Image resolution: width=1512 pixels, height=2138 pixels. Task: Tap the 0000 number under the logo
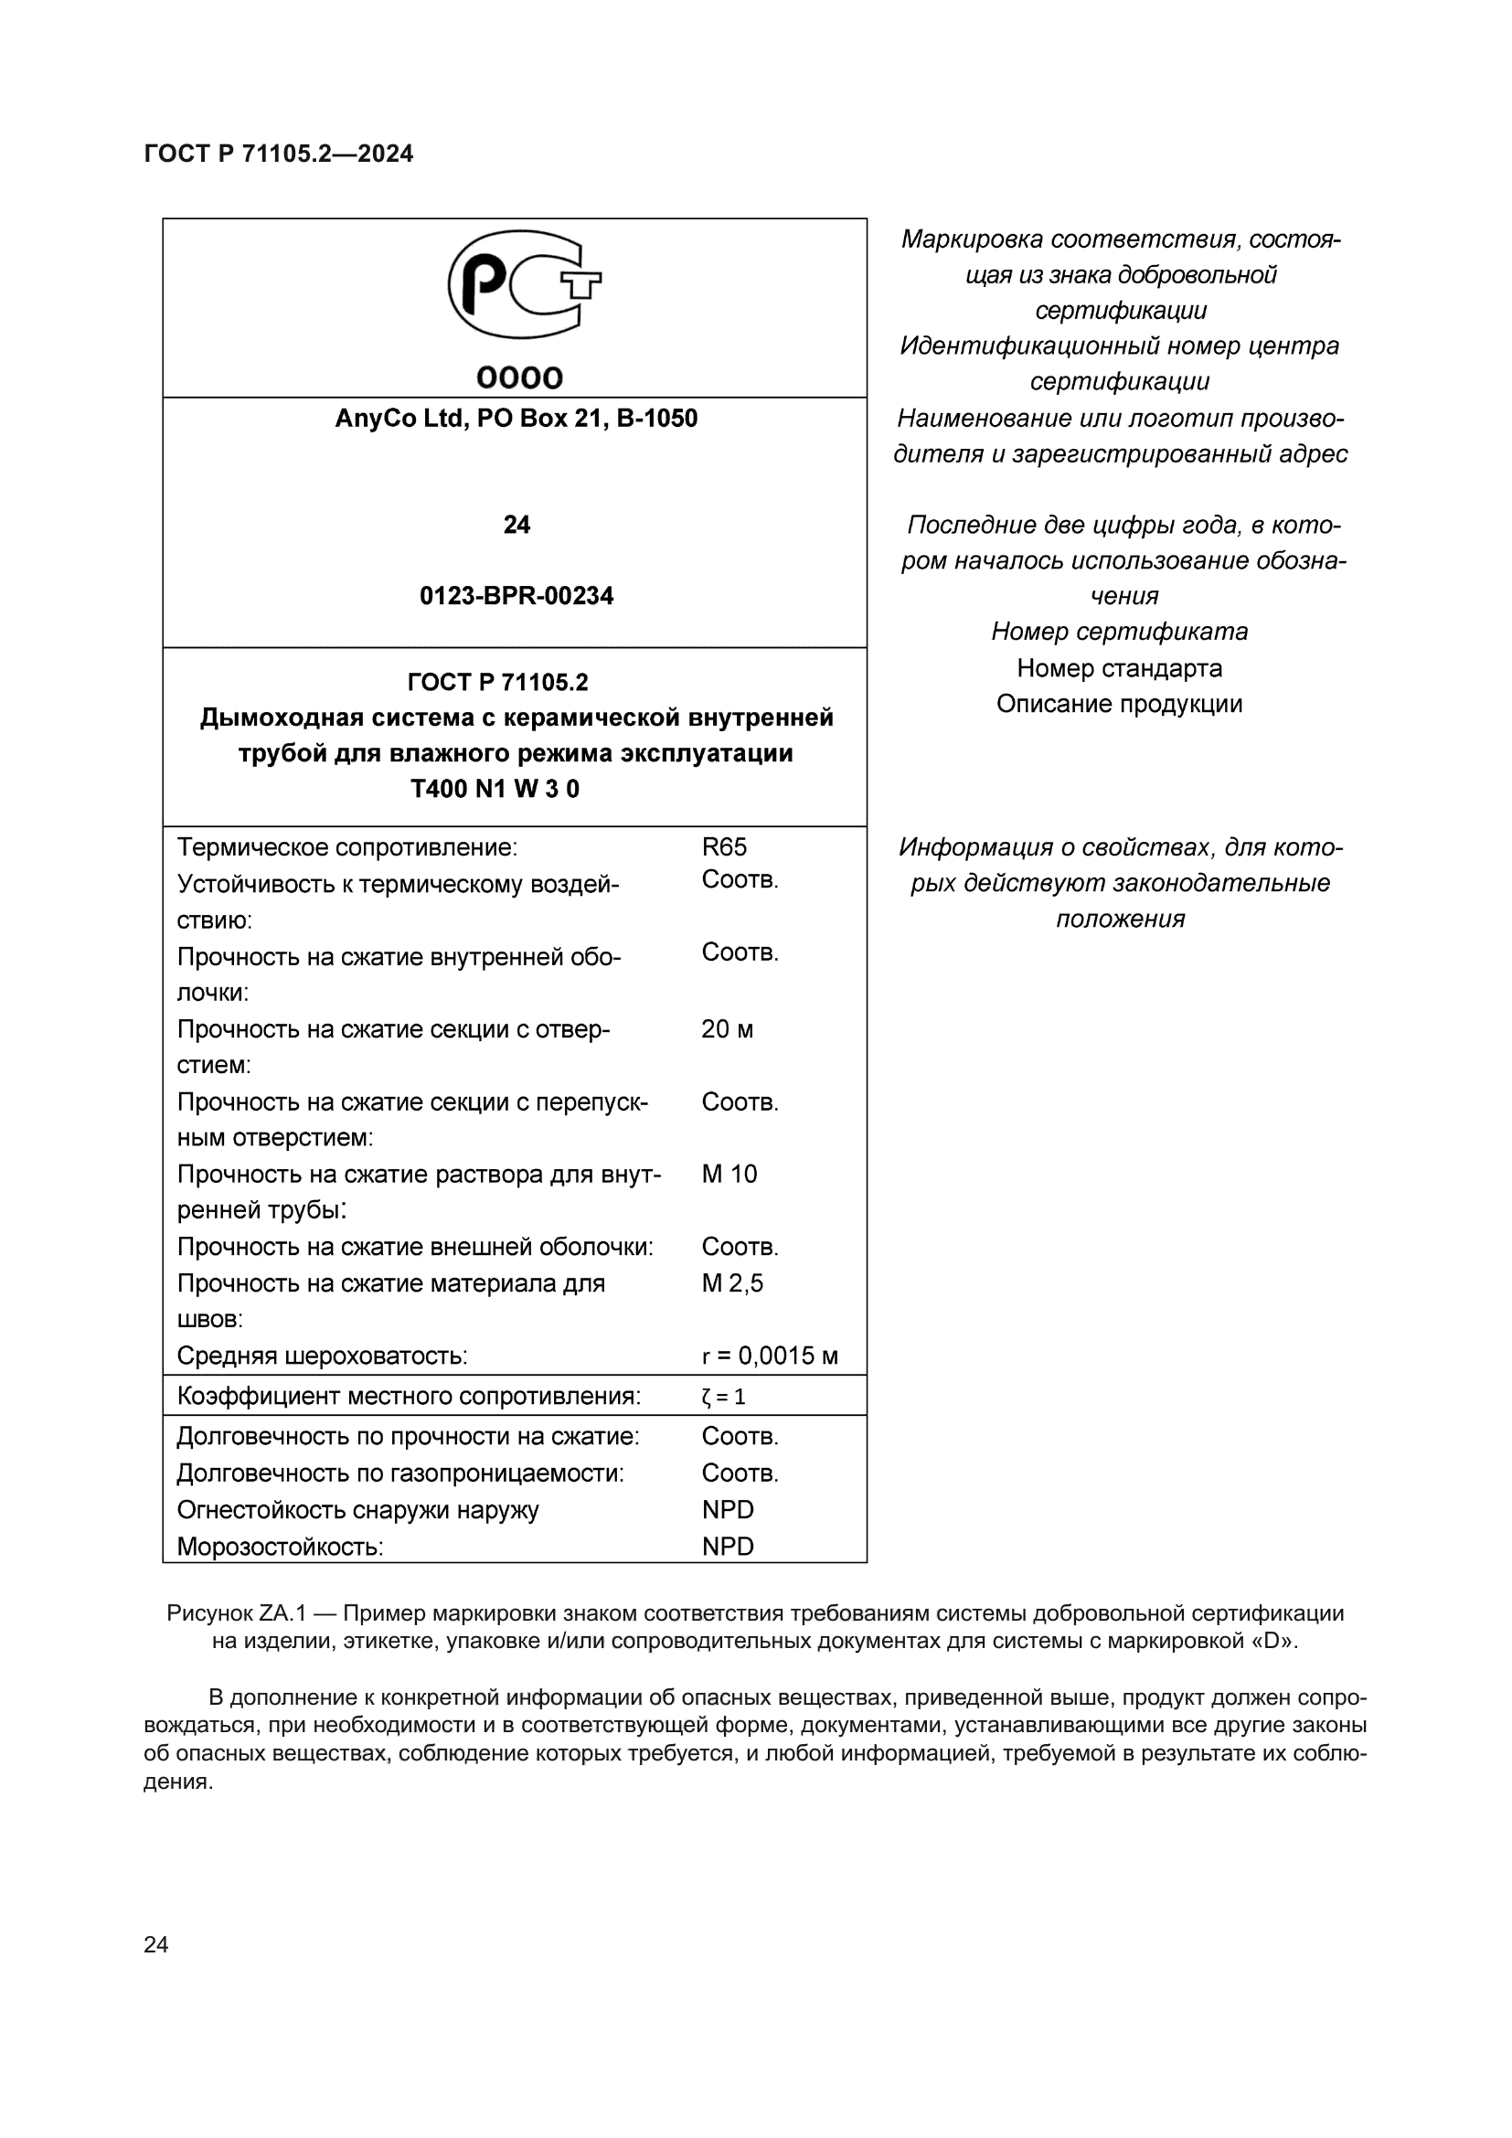(519, 378)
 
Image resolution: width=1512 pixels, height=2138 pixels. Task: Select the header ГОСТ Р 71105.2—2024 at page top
(279, 154)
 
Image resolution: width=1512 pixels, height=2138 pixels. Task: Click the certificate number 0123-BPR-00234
(516, 596)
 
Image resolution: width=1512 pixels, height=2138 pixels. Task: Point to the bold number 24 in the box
(516, 526)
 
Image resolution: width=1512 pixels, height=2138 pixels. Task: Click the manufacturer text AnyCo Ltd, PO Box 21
(516, 419)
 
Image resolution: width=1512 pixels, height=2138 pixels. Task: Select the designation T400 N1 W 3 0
(495, 789)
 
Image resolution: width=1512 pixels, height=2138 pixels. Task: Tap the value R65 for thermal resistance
(723, 846)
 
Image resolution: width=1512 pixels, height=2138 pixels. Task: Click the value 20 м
(726, 1029)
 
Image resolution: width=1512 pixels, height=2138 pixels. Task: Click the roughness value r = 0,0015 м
(769, 1356)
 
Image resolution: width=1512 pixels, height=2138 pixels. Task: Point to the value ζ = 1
(722, 1397)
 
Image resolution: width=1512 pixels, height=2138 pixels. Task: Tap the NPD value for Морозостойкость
(727, 1547)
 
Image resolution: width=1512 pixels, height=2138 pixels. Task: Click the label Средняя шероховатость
(322, 1356)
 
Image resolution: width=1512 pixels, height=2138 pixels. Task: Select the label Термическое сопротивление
(346, 847)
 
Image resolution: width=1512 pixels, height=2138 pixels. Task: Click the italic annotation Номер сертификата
(1119, 632)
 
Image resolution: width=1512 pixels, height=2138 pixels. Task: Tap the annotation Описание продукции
(1119, 703)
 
